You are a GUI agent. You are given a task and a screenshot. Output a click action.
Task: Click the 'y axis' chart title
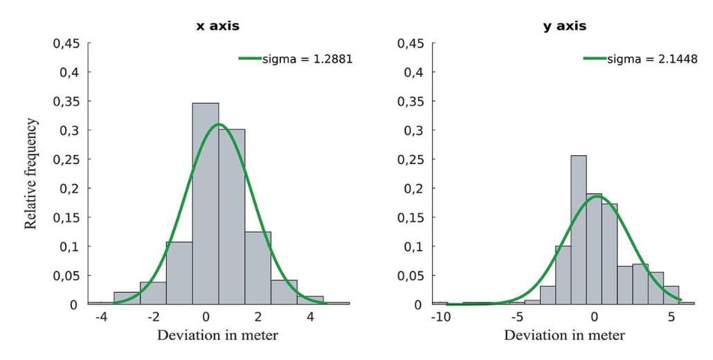(x=563, y=26)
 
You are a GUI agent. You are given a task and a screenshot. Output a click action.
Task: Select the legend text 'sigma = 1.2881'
(x=307, y=59)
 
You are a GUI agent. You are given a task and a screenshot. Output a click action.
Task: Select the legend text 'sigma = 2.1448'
(x=652, y=59)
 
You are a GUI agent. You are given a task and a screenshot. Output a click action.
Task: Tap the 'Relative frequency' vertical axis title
(x=30, y=173)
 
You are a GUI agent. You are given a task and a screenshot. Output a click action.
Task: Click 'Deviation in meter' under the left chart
(x=218, y=336)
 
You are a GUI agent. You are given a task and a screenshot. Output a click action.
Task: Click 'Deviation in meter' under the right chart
(x=563, y=336)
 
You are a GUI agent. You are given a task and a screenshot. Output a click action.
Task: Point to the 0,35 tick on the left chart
(x=68, y=101)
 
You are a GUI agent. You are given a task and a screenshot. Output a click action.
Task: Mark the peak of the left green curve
(x=219, y=125)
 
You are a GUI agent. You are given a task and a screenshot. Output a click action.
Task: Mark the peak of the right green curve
(x=597, y=196)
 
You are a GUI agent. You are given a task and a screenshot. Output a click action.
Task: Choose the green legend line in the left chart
(x=250, y=59)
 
